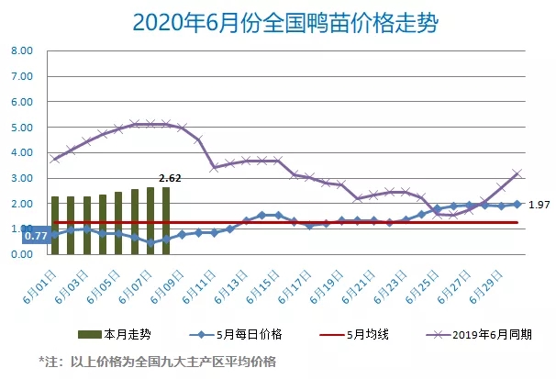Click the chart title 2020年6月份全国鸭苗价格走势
click(x=277, y=21)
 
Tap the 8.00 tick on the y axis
click(x=22, y=51)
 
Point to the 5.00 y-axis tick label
click(x=22, y=128)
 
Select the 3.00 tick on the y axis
click(x=22, y=178)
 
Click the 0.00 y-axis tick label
click(x=22, y=254)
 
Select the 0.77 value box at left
click(x=36, y=236)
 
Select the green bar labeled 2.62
click(x=166, y=220)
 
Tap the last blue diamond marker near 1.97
click(x=517, y=204)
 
